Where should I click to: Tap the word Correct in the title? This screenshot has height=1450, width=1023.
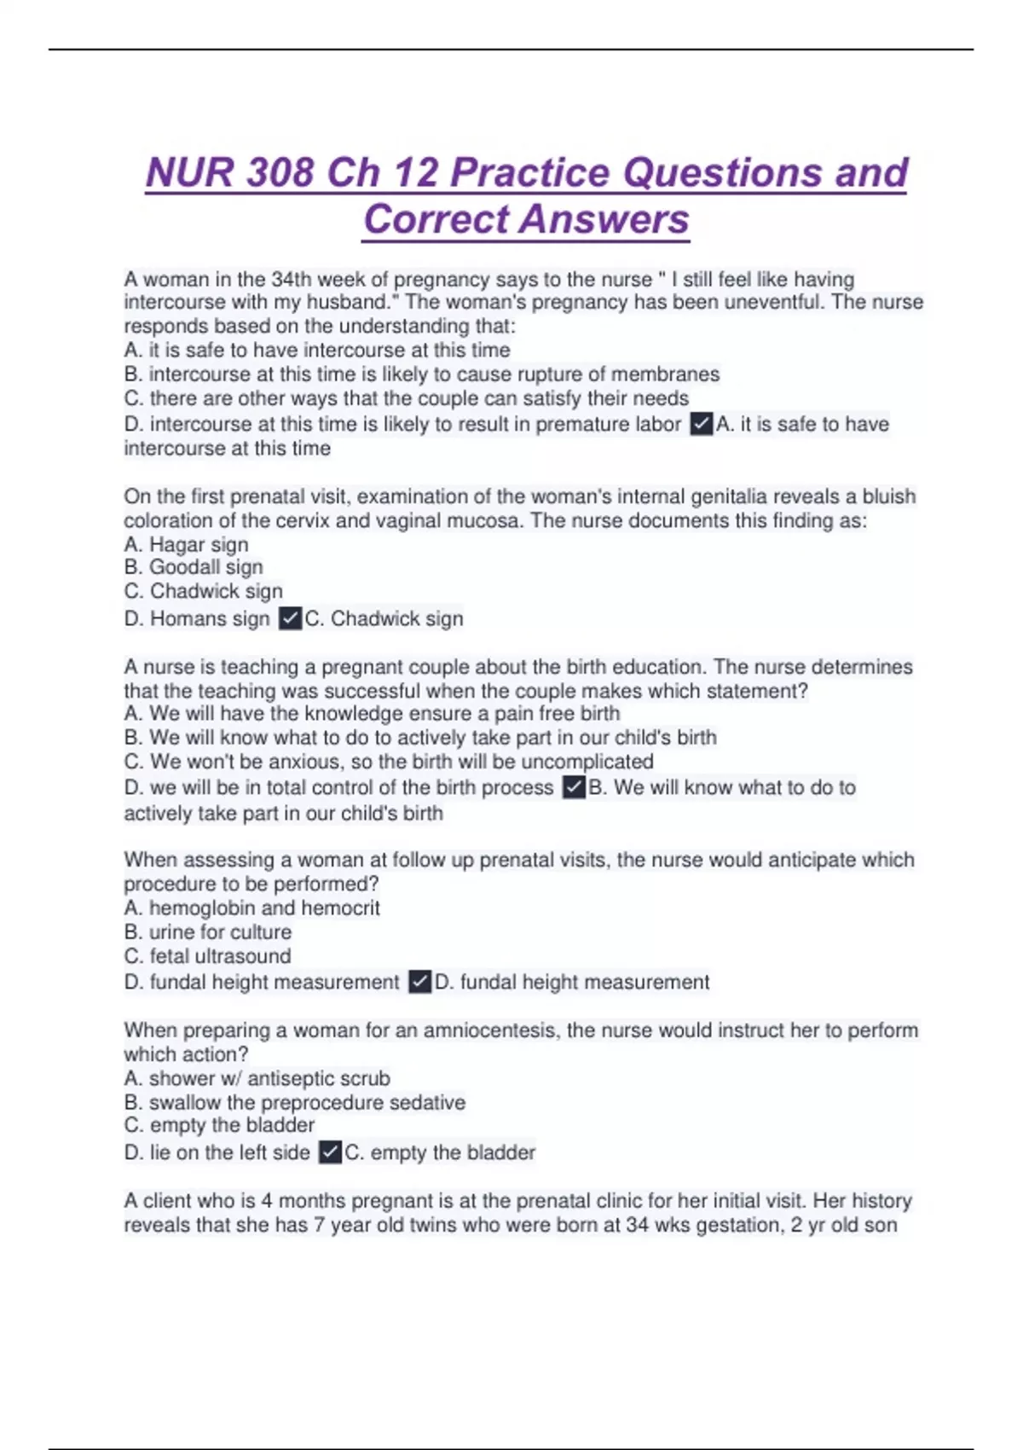(x=436, y=219)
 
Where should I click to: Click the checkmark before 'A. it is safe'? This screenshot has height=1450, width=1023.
(x=701, y=424)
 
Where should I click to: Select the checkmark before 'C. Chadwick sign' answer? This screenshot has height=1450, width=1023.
(x=290, y=618)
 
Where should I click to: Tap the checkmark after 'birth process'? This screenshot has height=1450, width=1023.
(x=574, y=787)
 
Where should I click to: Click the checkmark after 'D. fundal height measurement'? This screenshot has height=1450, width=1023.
(x=419, y=982)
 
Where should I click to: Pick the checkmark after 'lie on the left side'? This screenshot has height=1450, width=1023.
(x=330, y=1152)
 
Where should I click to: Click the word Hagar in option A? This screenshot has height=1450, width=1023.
(x=175, y=544)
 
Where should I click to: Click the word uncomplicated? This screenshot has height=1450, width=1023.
(x=587, y=762)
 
